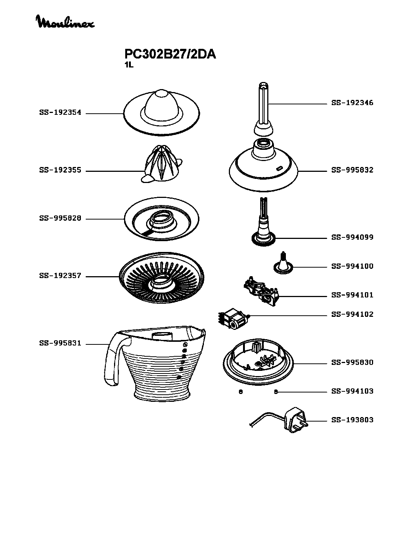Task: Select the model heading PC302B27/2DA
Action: pos(170,54)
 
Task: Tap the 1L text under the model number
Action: pos(129,65)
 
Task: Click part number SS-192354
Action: pos(60,113)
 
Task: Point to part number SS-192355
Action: pos(60,170)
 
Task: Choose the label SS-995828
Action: pos(60,218)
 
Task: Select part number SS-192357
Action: pos(60,276)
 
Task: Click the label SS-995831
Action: pos(60,343)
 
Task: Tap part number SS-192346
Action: pos(352,103)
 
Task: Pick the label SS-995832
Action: pos(352,170)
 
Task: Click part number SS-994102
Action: pos(352,314)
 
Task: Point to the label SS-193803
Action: pos(352,420)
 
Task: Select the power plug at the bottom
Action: pos(295,420)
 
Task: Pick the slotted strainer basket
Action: pos(161,278)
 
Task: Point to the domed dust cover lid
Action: pos(161,113)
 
